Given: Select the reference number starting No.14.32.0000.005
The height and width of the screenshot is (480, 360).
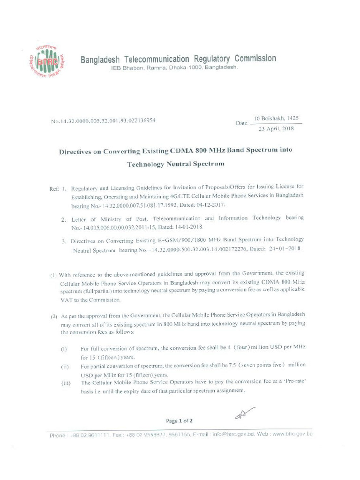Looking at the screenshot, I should [x=103, y=121].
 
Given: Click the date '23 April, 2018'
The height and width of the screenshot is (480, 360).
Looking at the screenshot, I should [x=277, y=128].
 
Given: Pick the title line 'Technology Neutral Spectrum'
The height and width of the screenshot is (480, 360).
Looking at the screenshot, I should [x=176, y=164].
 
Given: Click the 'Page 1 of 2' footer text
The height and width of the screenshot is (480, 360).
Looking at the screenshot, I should [x=180, y=421].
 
